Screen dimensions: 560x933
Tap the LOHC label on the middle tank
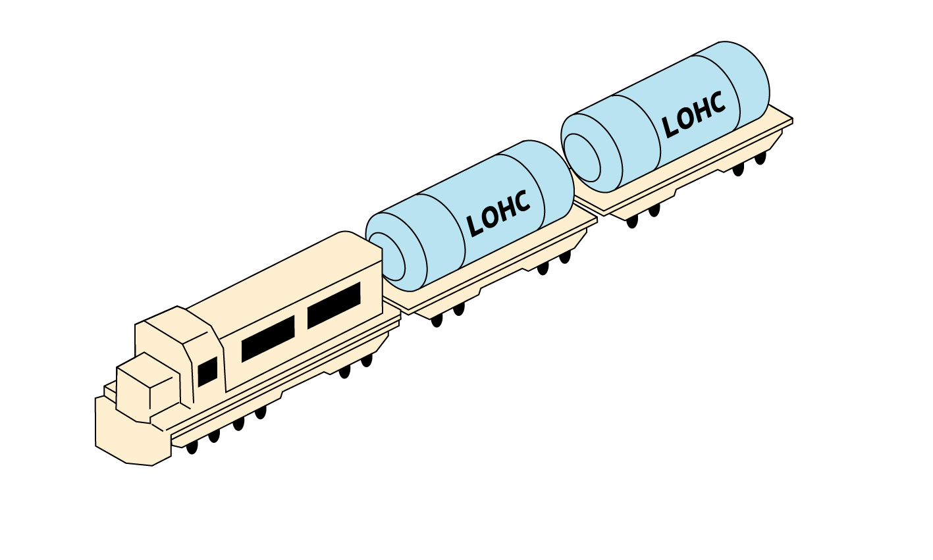[x=498, y=214]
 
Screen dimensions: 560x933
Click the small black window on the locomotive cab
[x=207, y=372]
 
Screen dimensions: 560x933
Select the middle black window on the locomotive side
[x=267, y=338]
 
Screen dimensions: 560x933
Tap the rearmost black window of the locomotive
[x=334, y=305]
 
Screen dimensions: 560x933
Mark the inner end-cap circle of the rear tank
[x=582, y=158]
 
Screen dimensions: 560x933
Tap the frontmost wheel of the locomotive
[x=192, y=447]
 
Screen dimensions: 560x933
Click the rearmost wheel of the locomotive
[x=367, y=359]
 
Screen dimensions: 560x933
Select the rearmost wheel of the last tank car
[x=760, y=159]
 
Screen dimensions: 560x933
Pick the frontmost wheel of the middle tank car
[x=437, y=320]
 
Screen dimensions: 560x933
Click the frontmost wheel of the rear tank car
[x=632, y=222]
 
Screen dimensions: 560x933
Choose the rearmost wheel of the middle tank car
[x=565, y=257]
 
